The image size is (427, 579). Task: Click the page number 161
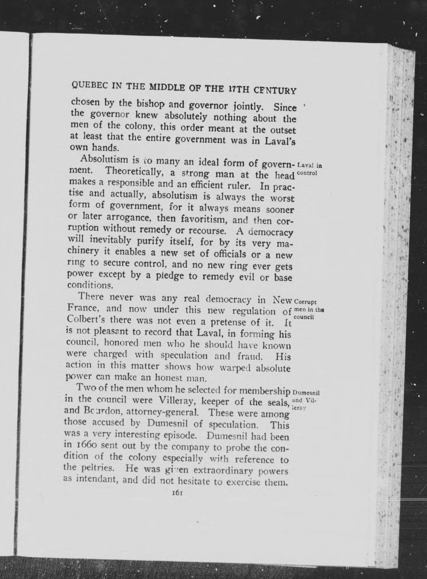click(x=177, y=493)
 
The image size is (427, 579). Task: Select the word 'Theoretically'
click(x=134, y=171)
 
